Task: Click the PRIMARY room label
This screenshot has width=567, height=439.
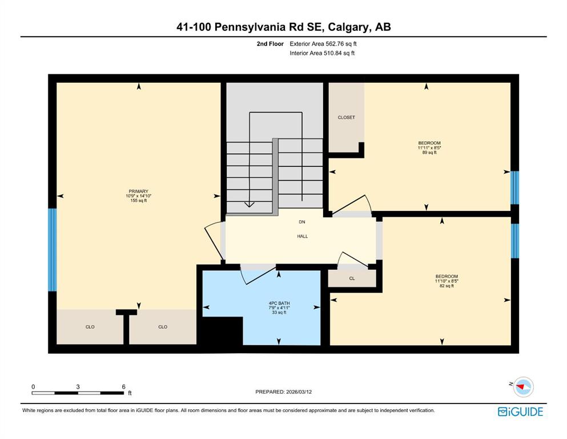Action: point(139,191)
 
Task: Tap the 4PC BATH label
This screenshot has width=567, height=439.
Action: point(279,304)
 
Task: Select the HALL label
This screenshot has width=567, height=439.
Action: point(303,236)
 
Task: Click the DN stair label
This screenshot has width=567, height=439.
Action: point(302,222)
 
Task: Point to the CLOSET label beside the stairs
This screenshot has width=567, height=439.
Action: point(347,117)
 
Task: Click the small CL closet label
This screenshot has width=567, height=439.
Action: point(352,278)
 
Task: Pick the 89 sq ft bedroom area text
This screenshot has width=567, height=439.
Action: point(429,153)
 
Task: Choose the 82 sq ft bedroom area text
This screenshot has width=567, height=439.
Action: point(447,286)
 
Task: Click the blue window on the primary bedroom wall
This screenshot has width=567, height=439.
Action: point(53,250)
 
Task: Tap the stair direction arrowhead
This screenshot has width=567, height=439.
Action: point(249,205)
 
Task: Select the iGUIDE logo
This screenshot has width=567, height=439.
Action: point(520,412)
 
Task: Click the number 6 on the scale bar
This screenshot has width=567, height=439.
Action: point(124,386)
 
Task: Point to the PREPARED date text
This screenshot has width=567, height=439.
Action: point(283,392)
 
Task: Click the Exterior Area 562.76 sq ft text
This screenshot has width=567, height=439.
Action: point(323,44)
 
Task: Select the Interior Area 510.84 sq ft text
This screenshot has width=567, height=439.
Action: point(322,53)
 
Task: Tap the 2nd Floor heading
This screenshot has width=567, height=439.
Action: point(270,44)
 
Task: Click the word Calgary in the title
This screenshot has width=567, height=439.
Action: point(349,27)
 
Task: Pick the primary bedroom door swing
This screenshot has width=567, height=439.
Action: point(214,241)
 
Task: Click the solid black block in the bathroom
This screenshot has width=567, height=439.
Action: point(222,331)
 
